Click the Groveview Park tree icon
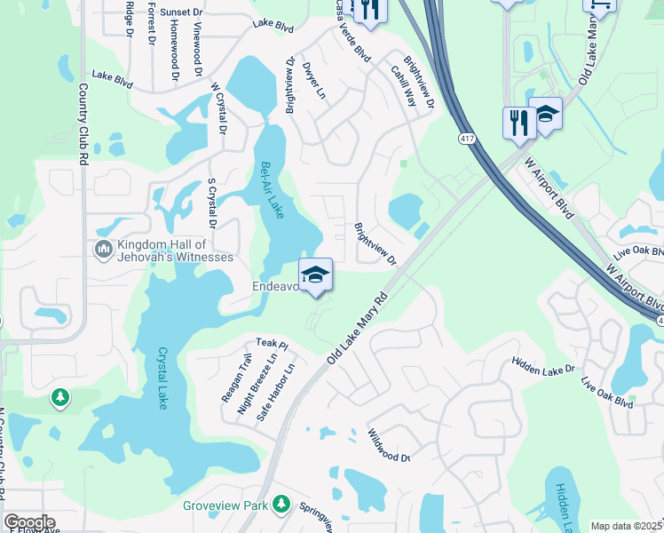click(x=282, y=505)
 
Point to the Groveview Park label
click(x=225, y=505)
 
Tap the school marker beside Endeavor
click(x=315, y=276)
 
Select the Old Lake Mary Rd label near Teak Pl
click(x=358, y=328)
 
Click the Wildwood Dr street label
click(x=388, y=445)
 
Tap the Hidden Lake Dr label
click(x=542, y=365)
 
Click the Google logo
click(x=29, y=522)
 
